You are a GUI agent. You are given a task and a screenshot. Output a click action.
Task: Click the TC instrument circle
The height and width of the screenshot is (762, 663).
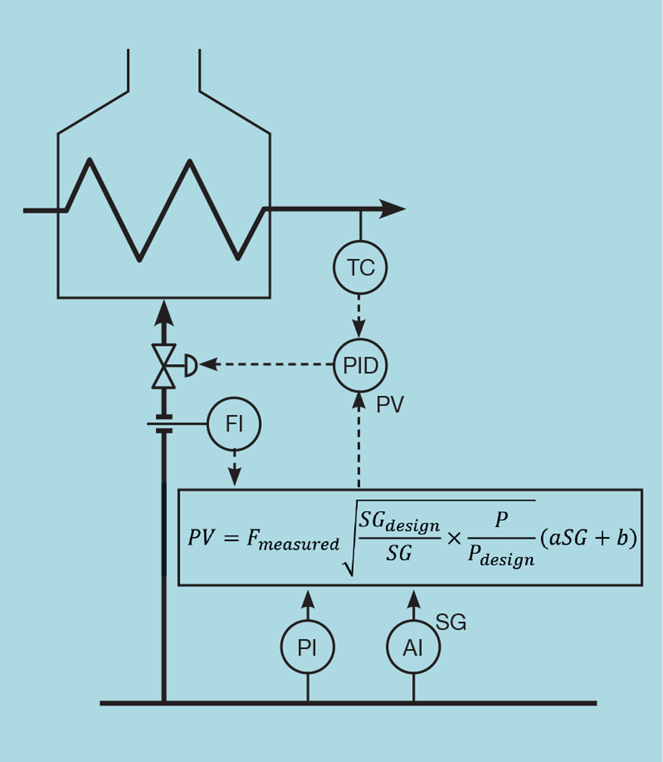tap(360, 268)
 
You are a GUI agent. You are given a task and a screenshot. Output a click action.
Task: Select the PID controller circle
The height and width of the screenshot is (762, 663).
tap(360, 365)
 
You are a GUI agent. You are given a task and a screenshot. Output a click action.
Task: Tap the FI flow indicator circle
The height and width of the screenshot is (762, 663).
tap(234, 424)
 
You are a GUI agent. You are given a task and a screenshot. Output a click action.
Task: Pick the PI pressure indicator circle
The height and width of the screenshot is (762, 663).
tap(308, 648)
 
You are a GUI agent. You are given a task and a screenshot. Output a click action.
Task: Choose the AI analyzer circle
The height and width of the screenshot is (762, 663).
tap(413, 648)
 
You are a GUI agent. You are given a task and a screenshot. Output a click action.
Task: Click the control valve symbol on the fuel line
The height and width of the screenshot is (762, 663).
tap(164, 366)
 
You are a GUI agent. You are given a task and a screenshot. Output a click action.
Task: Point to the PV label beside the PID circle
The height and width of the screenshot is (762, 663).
tap(390, 405)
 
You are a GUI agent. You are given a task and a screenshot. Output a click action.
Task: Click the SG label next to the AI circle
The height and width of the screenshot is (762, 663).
tap(451, 623)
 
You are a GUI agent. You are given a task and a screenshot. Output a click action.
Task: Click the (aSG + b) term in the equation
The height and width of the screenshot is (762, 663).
tap(589, 539)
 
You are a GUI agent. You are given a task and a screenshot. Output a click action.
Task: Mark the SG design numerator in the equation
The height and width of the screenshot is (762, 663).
tap(399, 523)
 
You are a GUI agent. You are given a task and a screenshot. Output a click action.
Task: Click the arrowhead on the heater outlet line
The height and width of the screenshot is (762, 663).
tap(391, 209)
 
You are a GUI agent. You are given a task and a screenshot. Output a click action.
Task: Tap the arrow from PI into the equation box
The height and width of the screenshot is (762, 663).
tap(308, 604)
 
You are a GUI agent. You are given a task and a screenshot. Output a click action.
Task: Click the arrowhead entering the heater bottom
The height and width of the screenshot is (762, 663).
tap(163, 313)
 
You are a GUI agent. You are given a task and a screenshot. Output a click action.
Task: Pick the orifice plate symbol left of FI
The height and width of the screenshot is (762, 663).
tap(161, 424)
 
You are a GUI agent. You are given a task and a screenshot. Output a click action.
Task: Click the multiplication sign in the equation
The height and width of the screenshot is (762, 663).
tap(455, 539)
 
